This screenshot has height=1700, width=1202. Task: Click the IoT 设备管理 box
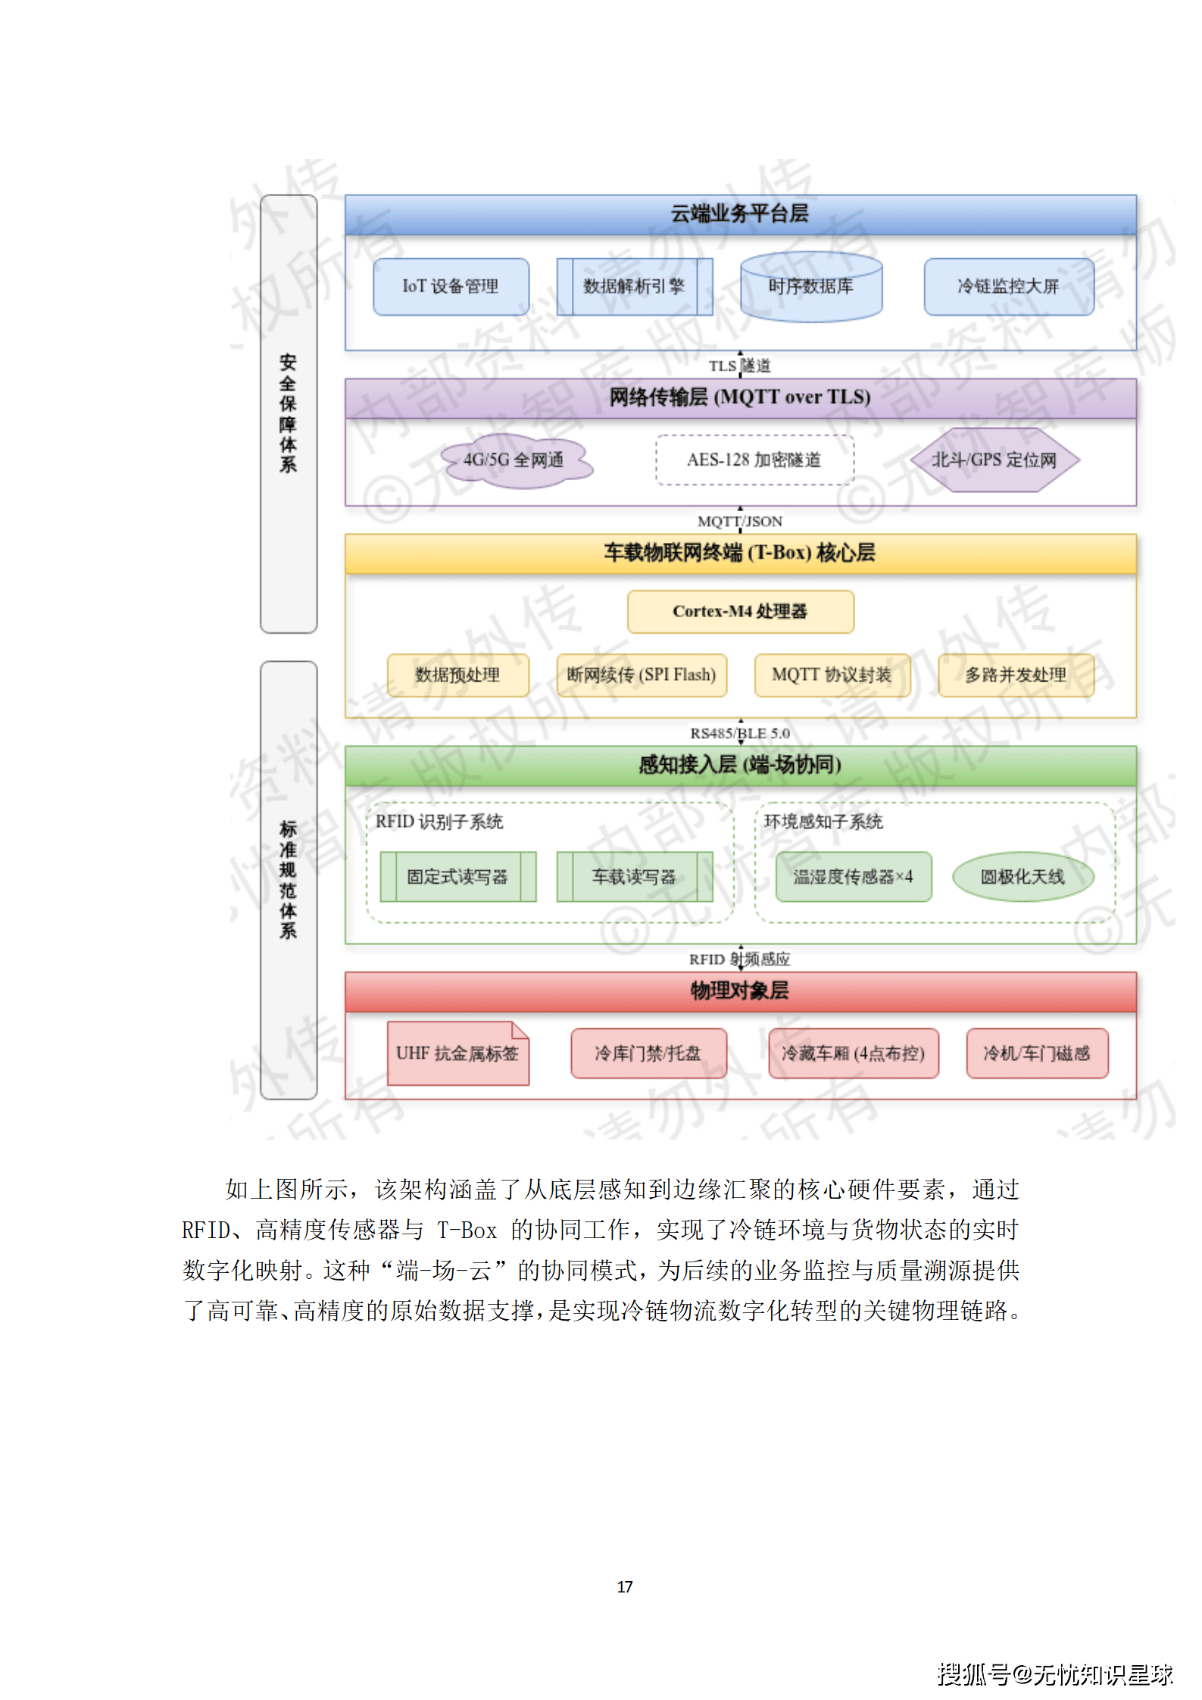pyautogui.click(x=451, y=287)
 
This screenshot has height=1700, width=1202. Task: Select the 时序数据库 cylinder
pyautogui.click(x=810, y=287)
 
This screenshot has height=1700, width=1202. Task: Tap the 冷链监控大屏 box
pyautogui.click(x=1008, y=287)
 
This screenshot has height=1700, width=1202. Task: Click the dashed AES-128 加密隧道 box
pyautogui.click(x=754, y=460)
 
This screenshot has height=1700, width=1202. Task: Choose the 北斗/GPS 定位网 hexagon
pyautogui.click(x=994, y=460)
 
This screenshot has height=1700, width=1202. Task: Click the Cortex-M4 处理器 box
pyautogui.click(x=740, y=612)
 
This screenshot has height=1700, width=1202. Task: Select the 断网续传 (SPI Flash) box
pyautogui.click(x=642, y=675)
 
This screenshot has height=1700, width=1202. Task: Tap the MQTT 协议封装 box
pyautogui.click(x=832, y=675)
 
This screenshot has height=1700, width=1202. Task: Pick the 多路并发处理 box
pyautogui.click(x=1016, y=675)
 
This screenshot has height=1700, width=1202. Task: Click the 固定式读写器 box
pyautogui.click(x=457, y=877)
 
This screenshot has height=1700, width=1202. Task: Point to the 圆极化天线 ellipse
pyautogui.click(x=1022, y=877)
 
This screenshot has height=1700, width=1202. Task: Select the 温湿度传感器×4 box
pyautogui.click(x=853, y=877)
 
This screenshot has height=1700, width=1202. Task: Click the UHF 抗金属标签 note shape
pyautogui.click(x=457, y=1053)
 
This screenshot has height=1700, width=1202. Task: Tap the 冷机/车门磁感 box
pyautogui.click(x=1036, y=1053)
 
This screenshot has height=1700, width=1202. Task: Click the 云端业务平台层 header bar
pyautogui.click(x=740, y=214)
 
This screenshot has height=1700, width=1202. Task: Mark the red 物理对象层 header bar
pyautogui.click(x=740, y=991)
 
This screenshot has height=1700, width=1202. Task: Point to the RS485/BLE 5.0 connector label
pyautogui.click(x=740, y=733)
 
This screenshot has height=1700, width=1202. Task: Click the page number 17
pyautogui.click(x=625, y=1586)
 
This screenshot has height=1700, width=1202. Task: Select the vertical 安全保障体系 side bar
pyautogui.click(x=288, y=413)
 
